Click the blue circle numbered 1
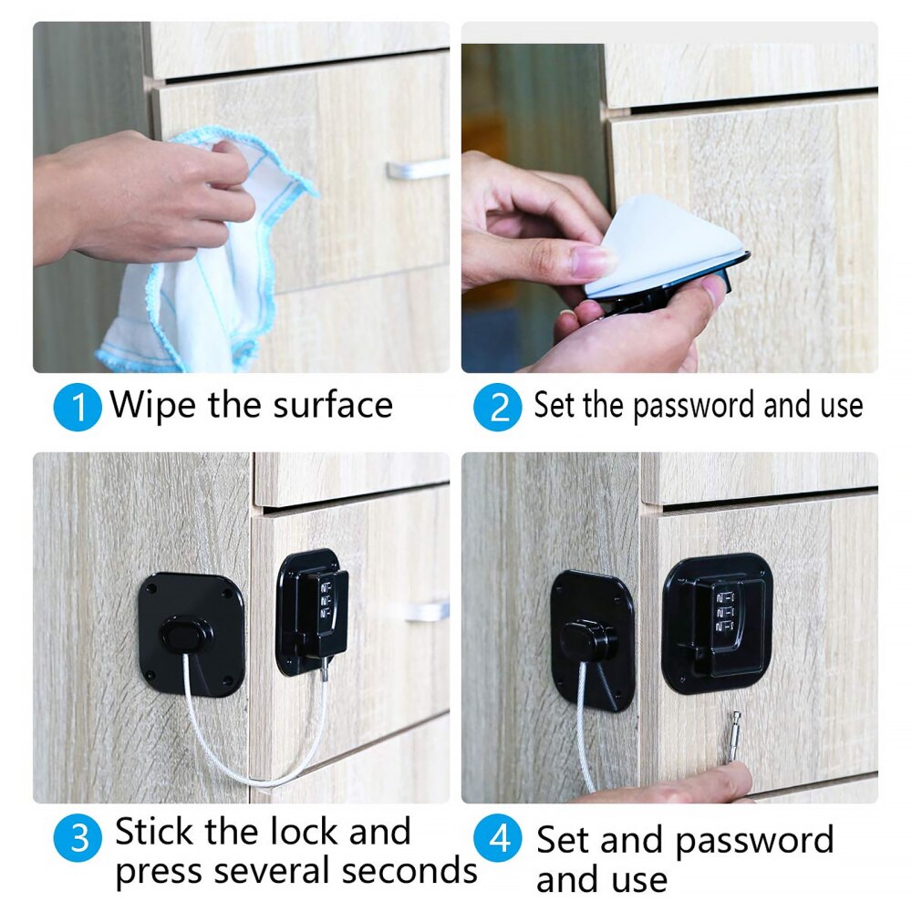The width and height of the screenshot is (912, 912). coord(79,408)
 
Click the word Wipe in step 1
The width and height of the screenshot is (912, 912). coord(153,404)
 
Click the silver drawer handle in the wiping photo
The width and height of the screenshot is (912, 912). coord(417,169)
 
